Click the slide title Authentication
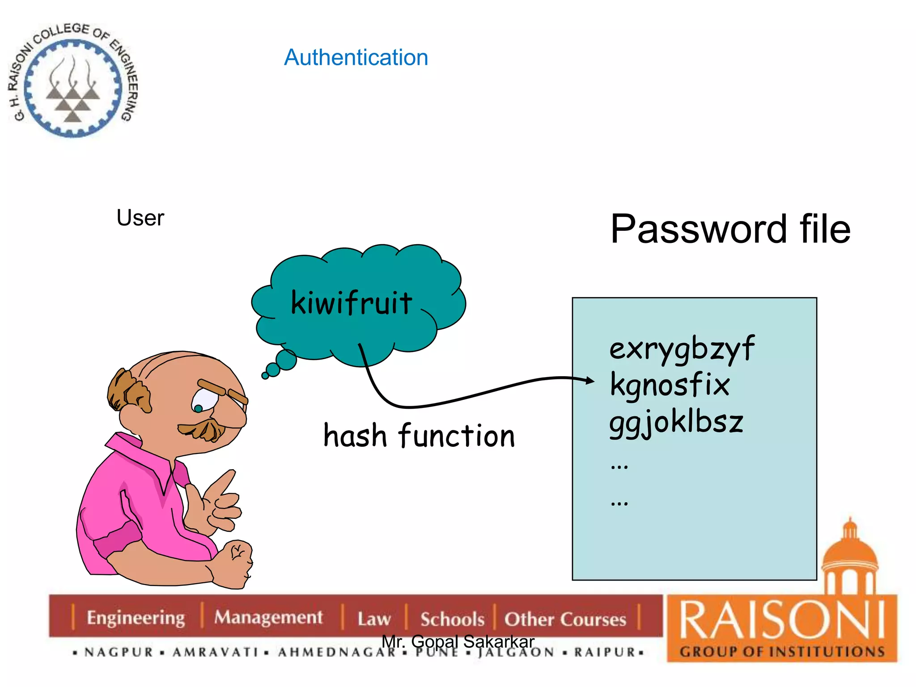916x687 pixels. click(x=356, y=58)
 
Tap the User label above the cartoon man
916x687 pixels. click(x=140, y=218)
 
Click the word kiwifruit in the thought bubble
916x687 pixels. click(x=352, y=303)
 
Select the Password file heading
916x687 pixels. click(x=730, y=229)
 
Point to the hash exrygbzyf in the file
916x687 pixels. click(x=682, y=349)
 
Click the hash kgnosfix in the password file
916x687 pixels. click(x=670, y=385)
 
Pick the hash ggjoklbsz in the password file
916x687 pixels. click(x=676, y=422)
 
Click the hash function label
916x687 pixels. click(x=419, y=436)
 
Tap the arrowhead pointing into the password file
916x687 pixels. click(x=589, y=381)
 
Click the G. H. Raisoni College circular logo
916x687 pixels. click(x=73, y=81)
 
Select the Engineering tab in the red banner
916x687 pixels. click(x=136, y=618)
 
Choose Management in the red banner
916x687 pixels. click(x=268, y=617)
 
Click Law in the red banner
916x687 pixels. click(x=374, y=619)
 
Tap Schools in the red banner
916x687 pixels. click(x=452, y=619)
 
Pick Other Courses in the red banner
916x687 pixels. click(x=565, y=619)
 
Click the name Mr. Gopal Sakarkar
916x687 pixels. click(x=458, y=641)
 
